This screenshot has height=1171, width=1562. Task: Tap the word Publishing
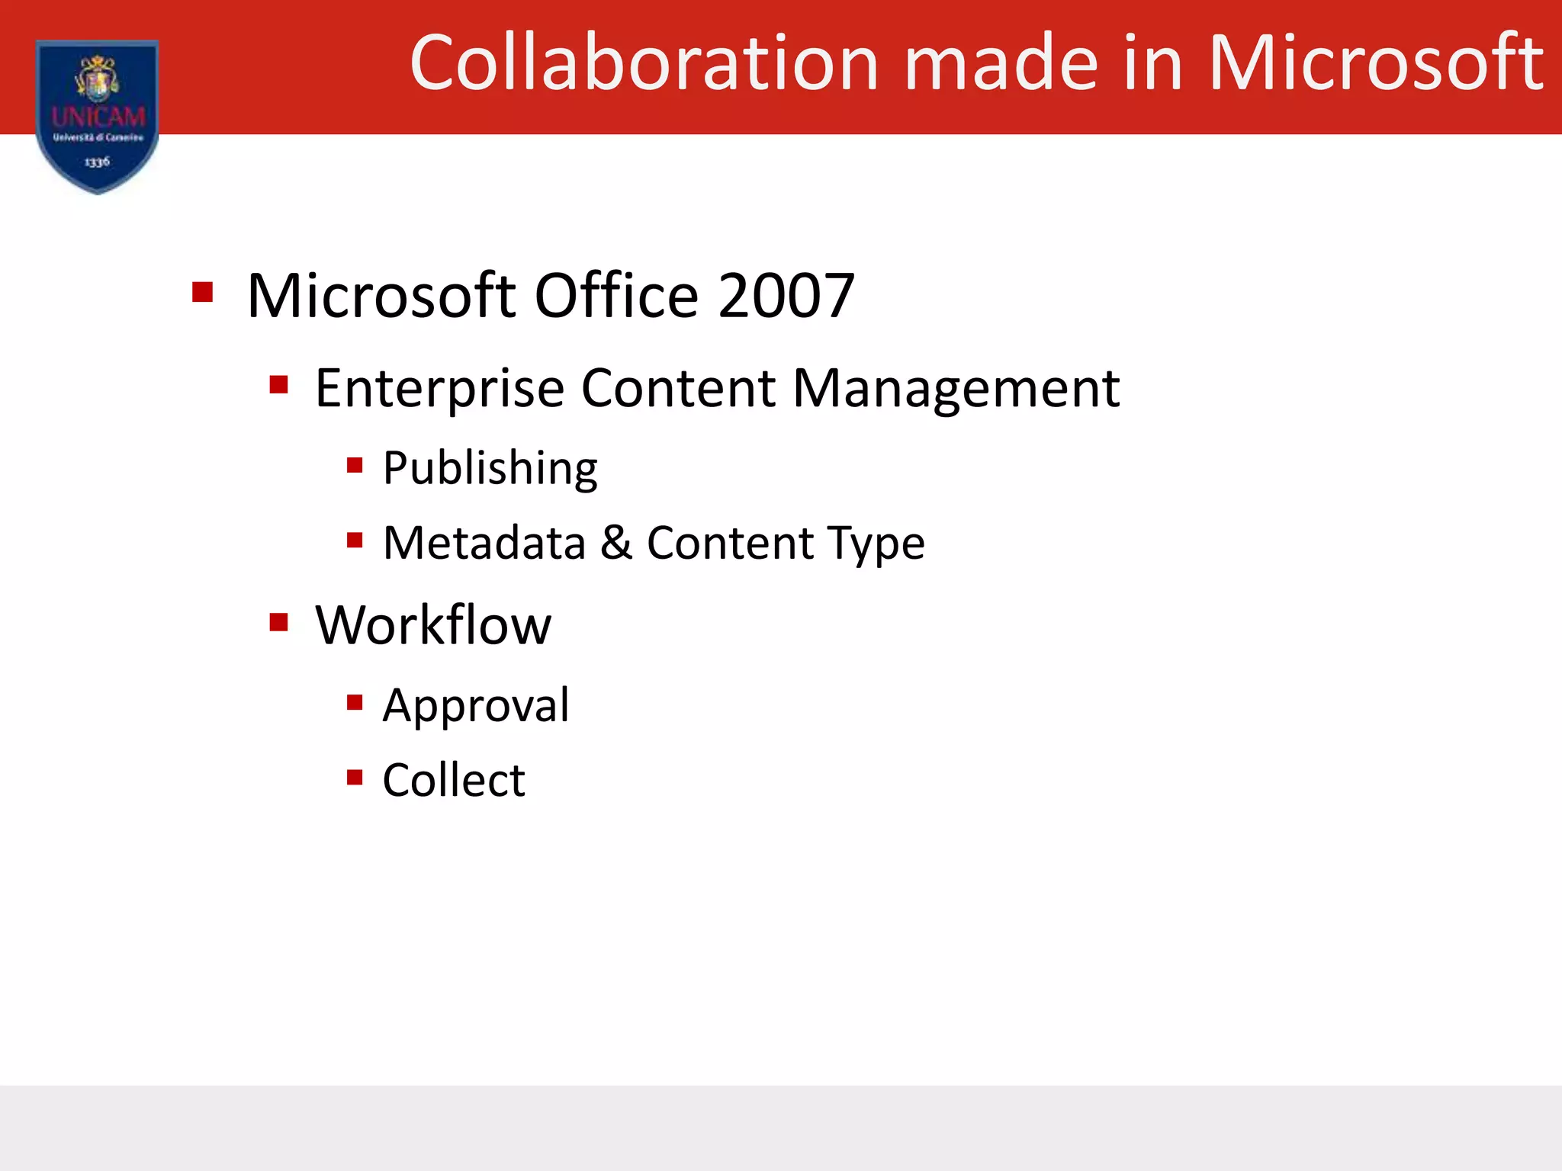pyautogui.click(x=490, y=468)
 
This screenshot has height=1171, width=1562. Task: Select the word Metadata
pyautogui.click(x=484, y=543)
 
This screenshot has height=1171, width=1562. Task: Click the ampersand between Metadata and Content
pyautogui.click(x=616, y=543)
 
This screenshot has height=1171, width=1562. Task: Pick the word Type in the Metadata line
pyautogui.click(x=877, y=544)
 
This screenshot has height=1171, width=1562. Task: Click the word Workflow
pyautogui.click(x=433, y=625)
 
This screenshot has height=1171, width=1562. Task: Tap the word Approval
pyautogui.click(x=476, y=705)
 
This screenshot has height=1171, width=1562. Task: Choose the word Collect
pyautogui.click(x=454, y=780)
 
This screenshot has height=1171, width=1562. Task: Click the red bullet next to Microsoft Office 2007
pyautogui.click(x=202, y=293)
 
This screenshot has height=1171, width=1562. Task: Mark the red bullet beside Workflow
pyautogui.click(x=279, y=622)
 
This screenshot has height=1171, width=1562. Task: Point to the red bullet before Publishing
pyautogui.click(x=355, y=465)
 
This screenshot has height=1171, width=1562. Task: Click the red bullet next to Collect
pyautogui.click(x=355, y=777)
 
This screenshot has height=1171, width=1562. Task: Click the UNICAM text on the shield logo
pyautogui.click(x=98, y=117)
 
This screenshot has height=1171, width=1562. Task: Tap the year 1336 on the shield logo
pyautogui.click(x=97, y=162)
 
